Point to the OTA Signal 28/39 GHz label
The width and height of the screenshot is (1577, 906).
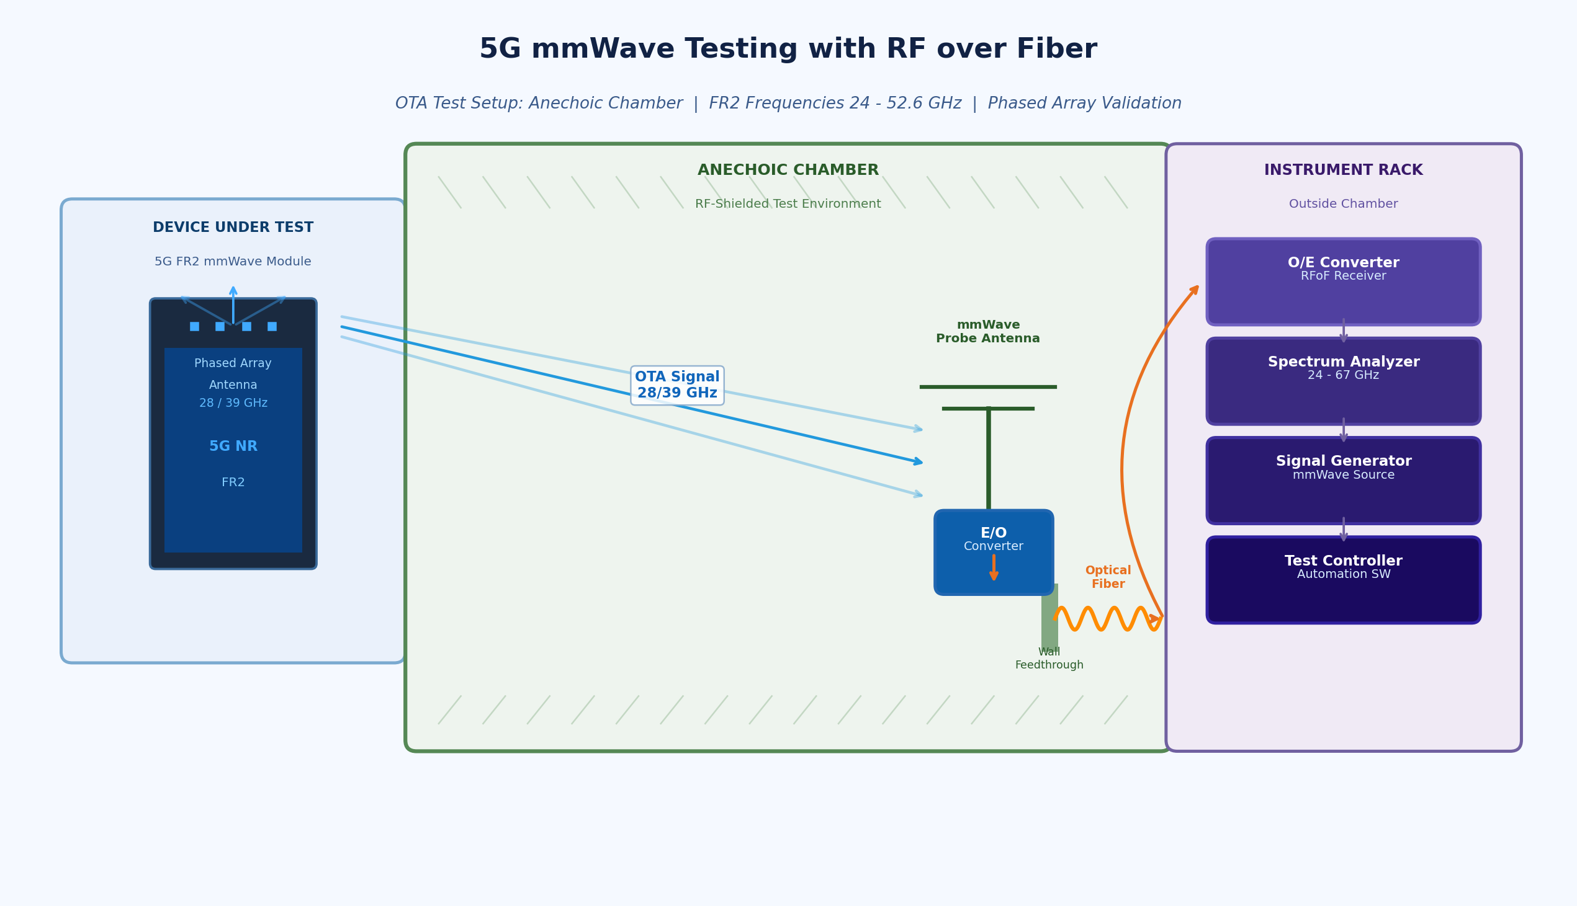[x=676, y=385]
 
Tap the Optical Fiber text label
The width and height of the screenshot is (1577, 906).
[x=1108, y=577]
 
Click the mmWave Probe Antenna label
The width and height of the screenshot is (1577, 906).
[x=987, y=332]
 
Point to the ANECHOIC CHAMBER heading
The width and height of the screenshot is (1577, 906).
[x=788, y=171]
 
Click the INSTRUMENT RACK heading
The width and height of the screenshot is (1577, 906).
[x=1343, y=171]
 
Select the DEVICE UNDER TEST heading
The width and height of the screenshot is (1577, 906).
[x=233, y=228]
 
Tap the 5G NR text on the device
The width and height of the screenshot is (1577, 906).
[x=233, y=446]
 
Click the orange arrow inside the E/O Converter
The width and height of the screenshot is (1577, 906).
[x=994, y=567]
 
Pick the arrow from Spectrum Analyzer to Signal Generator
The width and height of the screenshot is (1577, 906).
[x=1343, y=430]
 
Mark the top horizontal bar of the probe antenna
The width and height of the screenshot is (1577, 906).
[x=987, y=387]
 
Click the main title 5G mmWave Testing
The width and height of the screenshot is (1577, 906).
[x=788, y=49]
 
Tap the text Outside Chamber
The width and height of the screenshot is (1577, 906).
[x=1343, y=204]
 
